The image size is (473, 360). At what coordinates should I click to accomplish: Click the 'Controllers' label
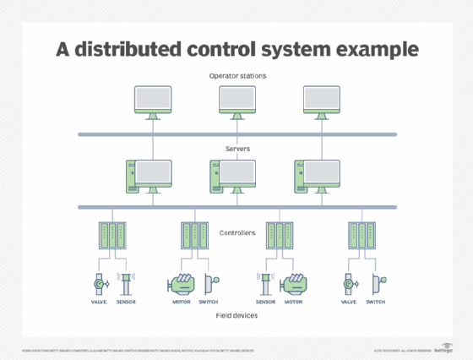tap(236, 232)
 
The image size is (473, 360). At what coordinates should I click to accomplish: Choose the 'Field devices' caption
tap(236, 314)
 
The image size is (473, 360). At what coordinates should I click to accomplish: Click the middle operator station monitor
tap(236, 100)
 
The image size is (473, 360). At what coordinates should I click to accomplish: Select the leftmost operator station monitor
tap(153, 100)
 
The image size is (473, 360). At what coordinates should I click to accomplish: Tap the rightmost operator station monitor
tap(320, 100)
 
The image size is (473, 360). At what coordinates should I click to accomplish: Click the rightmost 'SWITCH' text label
tap(376, 302)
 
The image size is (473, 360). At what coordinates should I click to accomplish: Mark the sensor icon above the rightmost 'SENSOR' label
tap(266, 282)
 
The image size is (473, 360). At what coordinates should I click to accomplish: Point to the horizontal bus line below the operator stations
tap(236, 134)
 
